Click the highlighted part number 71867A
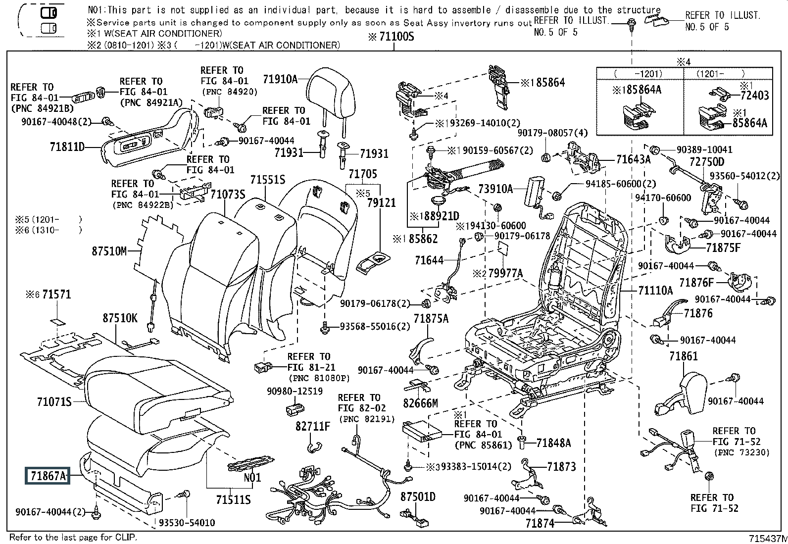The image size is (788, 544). tap(48, 476)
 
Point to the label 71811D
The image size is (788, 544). tap(67, 147)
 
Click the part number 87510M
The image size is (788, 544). tap(109, 251)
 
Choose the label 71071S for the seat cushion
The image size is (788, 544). tap(54, 401)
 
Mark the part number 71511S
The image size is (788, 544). tap(233, 500)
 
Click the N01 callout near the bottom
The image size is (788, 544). tap(252, 478)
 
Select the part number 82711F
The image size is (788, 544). tap(312, 426)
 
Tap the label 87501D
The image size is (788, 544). tap(418, 496)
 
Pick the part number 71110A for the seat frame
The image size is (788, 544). tap(655, 290)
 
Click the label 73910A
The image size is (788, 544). tap(495, 189)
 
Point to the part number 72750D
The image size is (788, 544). tap(707, 162)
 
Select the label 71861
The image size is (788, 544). tap(683, 356)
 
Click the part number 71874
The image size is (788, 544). tap(540, 523)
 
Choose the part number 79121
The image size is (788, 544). tap(381, 203)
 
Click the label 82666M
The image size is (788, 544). tap(420, 403)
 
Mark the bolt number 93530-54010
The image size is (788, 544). tap(187, 523)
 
